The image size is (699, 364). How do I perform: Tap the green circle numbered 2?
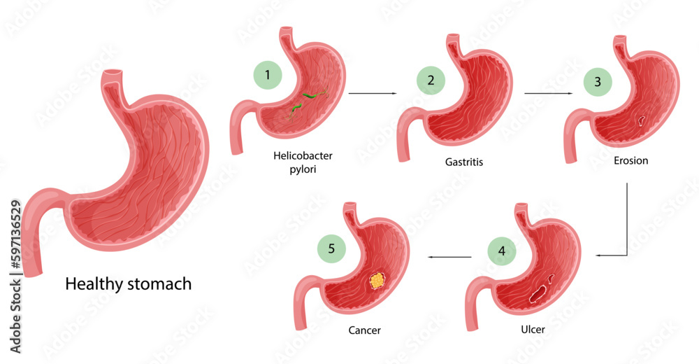pyautogui.click(x=430, y=81)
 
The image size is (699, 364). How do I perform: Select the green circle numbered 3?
pyautogui.click(x=598, y=82)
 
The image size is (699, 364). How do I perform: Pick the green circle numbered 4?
pyautogui.click(x=501, y=251)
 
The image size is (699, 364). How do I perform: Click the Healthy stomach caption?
pyautogui.click(x=128, y=284)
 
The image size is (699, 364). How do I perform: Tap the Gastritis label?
pyautogui.click(x=464, y=162)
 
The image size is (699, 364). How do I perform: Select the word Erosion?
pyautogui.click(x=630, y=160)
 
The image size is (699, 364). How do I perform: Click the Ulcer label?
pyautogui.click(x=532, y=328)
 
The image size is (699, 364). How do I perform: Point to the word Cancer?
pyautogui.click(x=365, y=328)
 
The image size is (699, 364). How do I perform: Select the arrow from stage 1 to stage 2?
pyautogui.click(x=372, y=92)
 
